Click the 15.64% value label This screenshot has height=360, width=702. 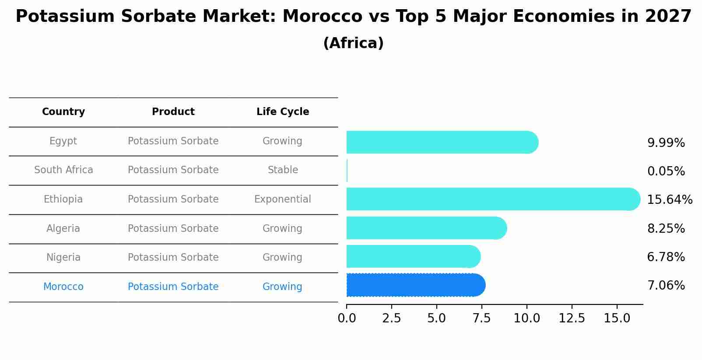669,200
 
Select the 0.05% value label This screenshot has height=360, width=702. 666,171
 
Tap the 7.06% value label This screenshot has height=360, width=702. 666,286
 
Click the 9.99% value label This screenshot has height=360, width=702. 666,143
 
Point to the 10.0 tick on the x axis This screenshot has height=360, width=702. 526,318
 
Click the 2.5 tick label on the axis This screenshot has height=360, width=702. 391,318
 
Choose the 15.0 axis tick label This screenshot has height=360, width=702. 617,318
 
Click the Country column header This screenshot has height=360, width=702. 63,112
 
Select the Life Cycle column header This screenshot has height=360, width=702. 283,112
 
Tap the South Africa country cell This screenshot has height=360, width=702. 63,170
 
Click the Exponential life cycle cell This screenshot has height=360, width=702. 283,199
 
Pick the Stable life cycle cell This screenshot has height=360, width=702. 283,170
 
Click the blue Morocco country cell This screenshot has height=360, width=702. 63,287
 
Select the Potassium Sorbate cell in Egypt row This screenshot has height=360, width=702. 173,141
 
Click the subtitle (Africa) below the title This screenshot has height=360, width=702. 353,43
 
